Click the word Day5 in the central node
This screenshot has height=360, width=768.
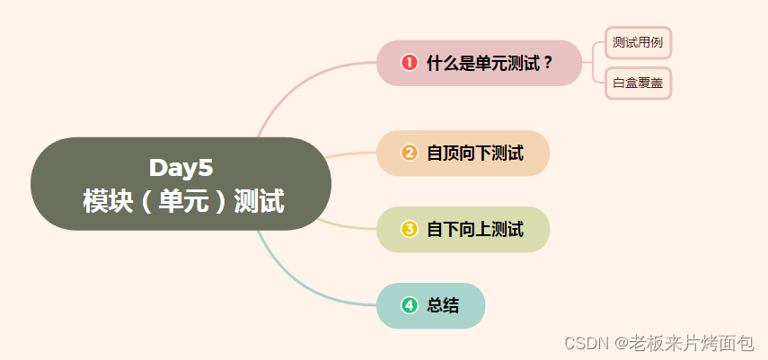181,168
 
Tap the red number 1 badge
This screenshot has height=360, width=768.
410,63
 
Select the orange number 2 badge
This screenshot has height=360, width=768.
410,153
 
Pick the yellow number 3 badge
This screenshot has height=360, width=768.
410,229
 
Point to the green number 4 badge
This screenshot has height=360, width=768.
410,305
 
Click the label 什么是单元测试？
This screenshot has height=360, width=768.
490,63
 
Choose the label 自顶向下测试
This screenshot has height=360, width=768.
474,153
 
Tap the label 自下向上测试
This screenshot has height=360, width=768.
474,229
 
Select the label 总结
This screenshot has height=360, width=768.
443,305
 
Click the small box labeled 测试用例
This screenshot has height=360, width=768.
638,42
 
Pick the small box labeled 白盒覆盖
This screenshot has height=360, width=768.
638,83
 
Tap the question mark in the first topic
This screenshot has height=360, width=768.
548,63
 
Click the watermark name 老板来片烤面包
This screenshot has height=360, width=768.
691,343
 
